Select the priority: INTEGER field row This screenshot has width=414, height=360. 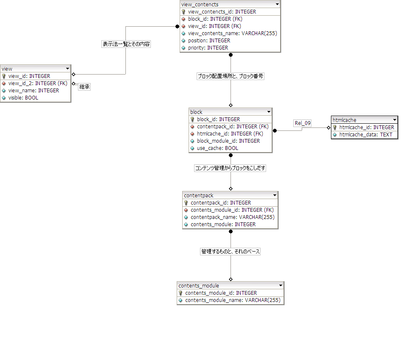[208, 48]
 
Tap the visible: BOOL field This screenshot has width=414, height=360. [23, 98]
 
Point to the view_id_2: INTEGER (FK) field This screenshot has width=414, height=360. [38, 83]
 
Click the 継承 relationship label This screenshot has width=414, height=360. [85, 86]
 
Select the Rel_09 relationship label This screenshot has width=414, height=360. [303, 123]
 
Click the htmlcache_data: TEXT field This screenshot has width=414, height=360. [366, 135]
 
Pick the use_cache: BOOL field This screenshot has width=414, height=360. [217, 148]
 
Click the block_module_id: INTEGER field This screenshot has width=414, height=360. [228, 141]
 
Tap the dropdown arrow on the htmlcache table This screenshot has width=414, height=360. [394, 120]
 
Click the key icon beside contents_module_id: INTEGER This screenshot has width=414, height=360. [181, 293]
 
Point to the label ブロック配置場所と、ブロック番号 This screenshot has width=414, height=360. [231, 76]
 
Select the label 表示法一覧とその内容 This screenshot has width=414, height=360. [126, 44]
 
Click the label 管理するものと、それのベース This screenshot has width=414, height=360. [231, 252]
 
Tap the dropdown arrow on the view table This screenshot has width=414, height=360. [67, 69]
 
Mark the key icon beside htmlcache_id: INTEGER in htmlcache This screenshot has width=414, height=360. [335, 127]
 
